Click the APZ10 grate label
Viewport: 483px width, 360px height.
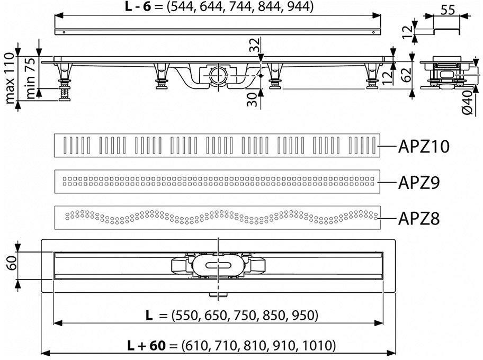[424, 147]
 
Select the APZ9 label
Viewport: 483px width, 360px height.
[419, 183]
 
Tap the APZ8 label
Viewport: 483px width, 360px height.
[419, 218]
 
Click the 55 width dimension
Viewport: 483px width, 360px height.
[448, 10]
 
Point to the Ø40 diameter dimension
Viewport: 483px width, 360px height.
[468, 102]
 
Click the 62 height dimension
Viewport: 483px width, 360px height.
[407, 75]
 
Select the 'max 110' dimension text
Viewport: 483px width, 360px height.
[10, 78]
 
